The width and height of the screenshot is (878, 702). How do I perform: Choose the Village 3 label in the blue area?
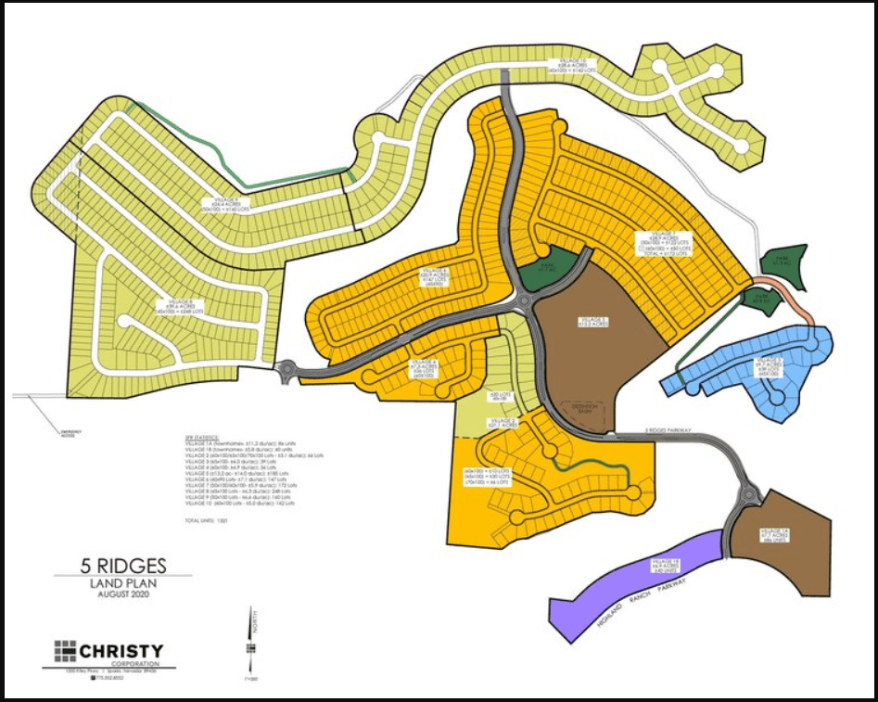click(x=770, y=366)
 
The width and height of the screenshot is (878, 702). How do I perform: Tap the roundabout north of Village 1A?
click(x=748, y=497)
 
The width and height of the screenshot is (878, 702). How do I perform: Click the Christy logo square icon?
click(x=68, y=651)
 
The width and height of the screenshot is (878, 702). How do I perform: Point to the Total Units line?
click(x=205, y=520)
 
